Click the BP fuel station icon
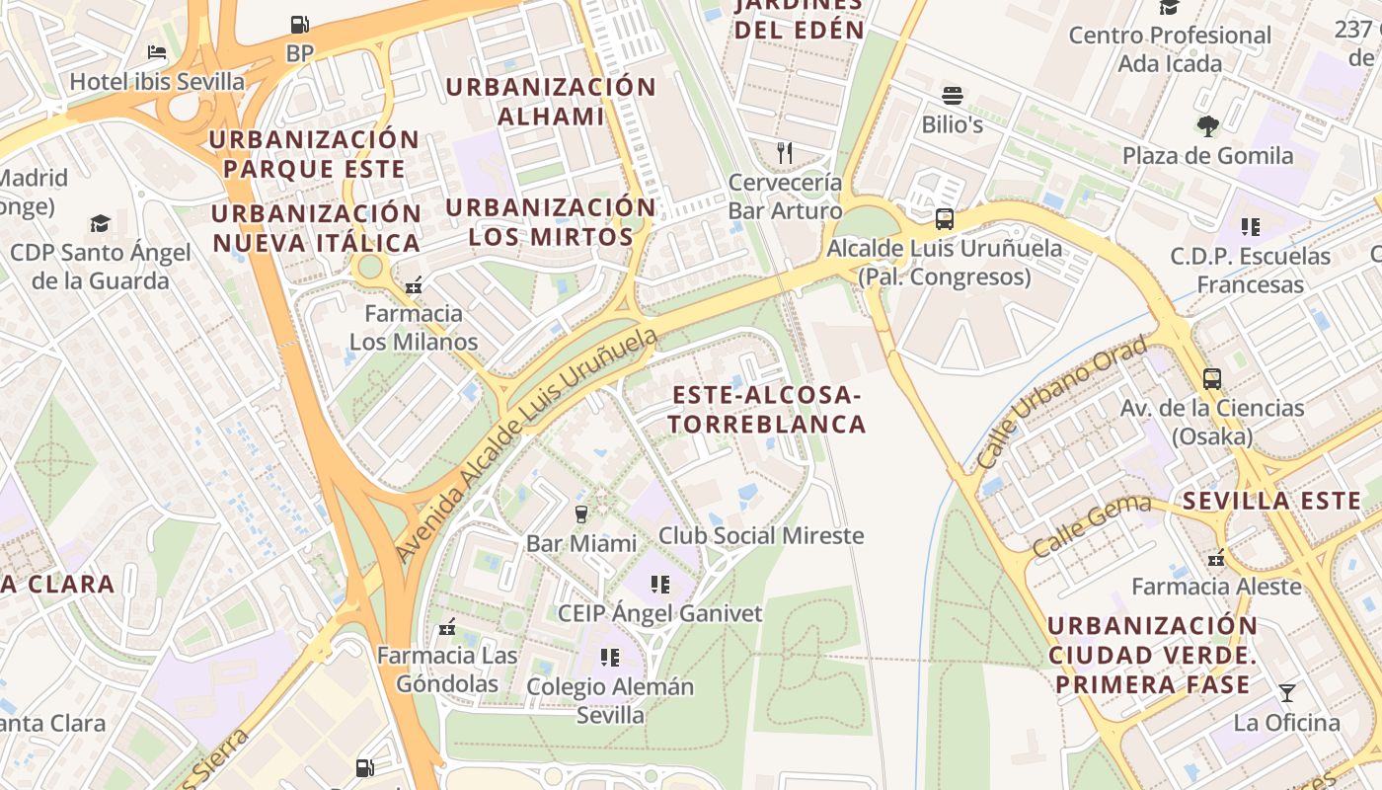[x=299, y=24]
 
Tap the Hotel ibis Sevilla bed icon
[x=157, y=52]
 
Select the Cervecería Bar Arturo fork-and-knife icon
[x=785, y=152]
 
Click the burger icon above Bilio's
[x=953, y=96]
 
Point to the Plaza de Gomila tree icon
[x=1207, y=125]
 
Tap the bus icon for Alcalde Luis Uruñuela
[x=945, y=219]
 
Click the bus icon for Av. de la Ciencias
[x=1211, y=378]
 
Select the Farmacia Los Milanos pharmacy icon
[x=414, y=285]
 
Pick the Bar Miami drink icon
[x=581, y=513]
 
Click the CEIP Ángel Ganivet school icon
[x=660, y=585]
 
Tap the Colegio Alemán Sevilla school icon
[x=610, y=657]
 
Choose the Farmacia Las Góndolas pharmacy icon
[x=447, y=626]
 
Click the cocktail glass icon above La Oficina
[x=1286, y=692]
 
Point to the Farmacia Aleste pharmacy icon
[x=1216, y=558]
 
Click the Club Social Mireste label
[x=761, y=536]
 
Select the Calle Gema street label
[x=1091, y=526]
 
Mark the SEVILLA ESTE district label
[x=1271, y=501]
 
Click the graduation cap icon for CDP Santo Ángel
[x=100, y=223]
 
